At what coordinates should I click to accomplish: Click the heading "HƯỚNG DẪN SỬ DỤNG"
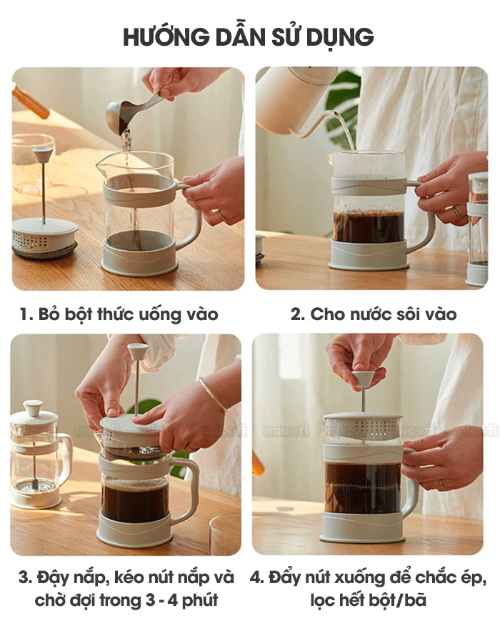pos(248,37)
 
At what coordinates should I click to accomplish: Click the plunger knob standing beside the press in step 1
pos(43,154)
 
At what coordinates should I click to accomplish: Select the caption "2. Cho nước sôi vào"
pos(374,314)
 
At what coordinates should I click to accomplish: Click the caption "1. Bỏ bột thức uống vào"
pos(119,314)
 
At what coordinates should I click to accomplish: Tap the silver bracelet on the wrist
pos(211,394)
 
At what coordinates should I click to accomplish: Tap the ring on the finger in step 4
pos(441,484)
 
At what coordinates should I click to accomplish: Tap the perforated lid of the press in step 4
pos(364,426)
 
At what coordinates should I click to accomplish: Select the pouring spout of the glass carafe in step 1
pos(101,166)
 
